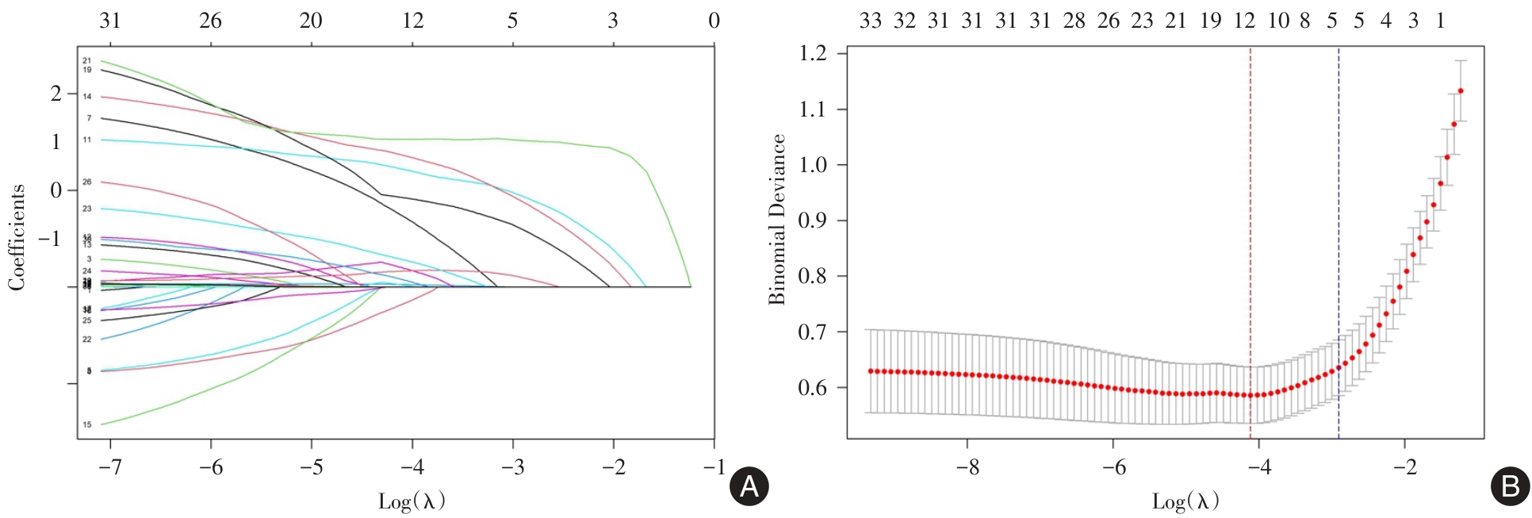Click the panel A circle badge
pos(749,486)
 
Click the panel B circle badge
pos(1510,486)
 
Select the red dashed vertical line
pos(1250,238)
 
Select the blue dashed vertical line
pos(1339,238)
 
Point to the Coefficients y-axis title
pos(17,237)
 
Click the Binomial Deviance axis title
pos(776,220)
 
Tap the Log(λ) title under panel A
pos(412,501)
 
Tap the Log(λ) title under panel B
pos(1185,501)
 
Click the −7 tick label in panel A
pos(109,467)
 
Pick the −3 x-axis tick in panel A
pos(512,467)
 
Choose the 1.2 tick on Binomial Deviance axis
pos(812,53)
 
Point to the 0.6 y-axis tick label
pos(812,388)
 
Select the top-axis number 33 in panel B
pos(871,21)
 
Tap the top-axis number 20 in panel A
pos(311,21)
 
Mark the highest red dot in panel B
pos(1461,91)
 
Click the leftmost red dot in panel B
pos(871,371)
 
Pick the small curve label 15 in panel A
pos(87,424)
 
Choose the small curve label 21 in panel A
pos(87,60)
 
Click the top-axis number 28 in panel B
pos(1074,21)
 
